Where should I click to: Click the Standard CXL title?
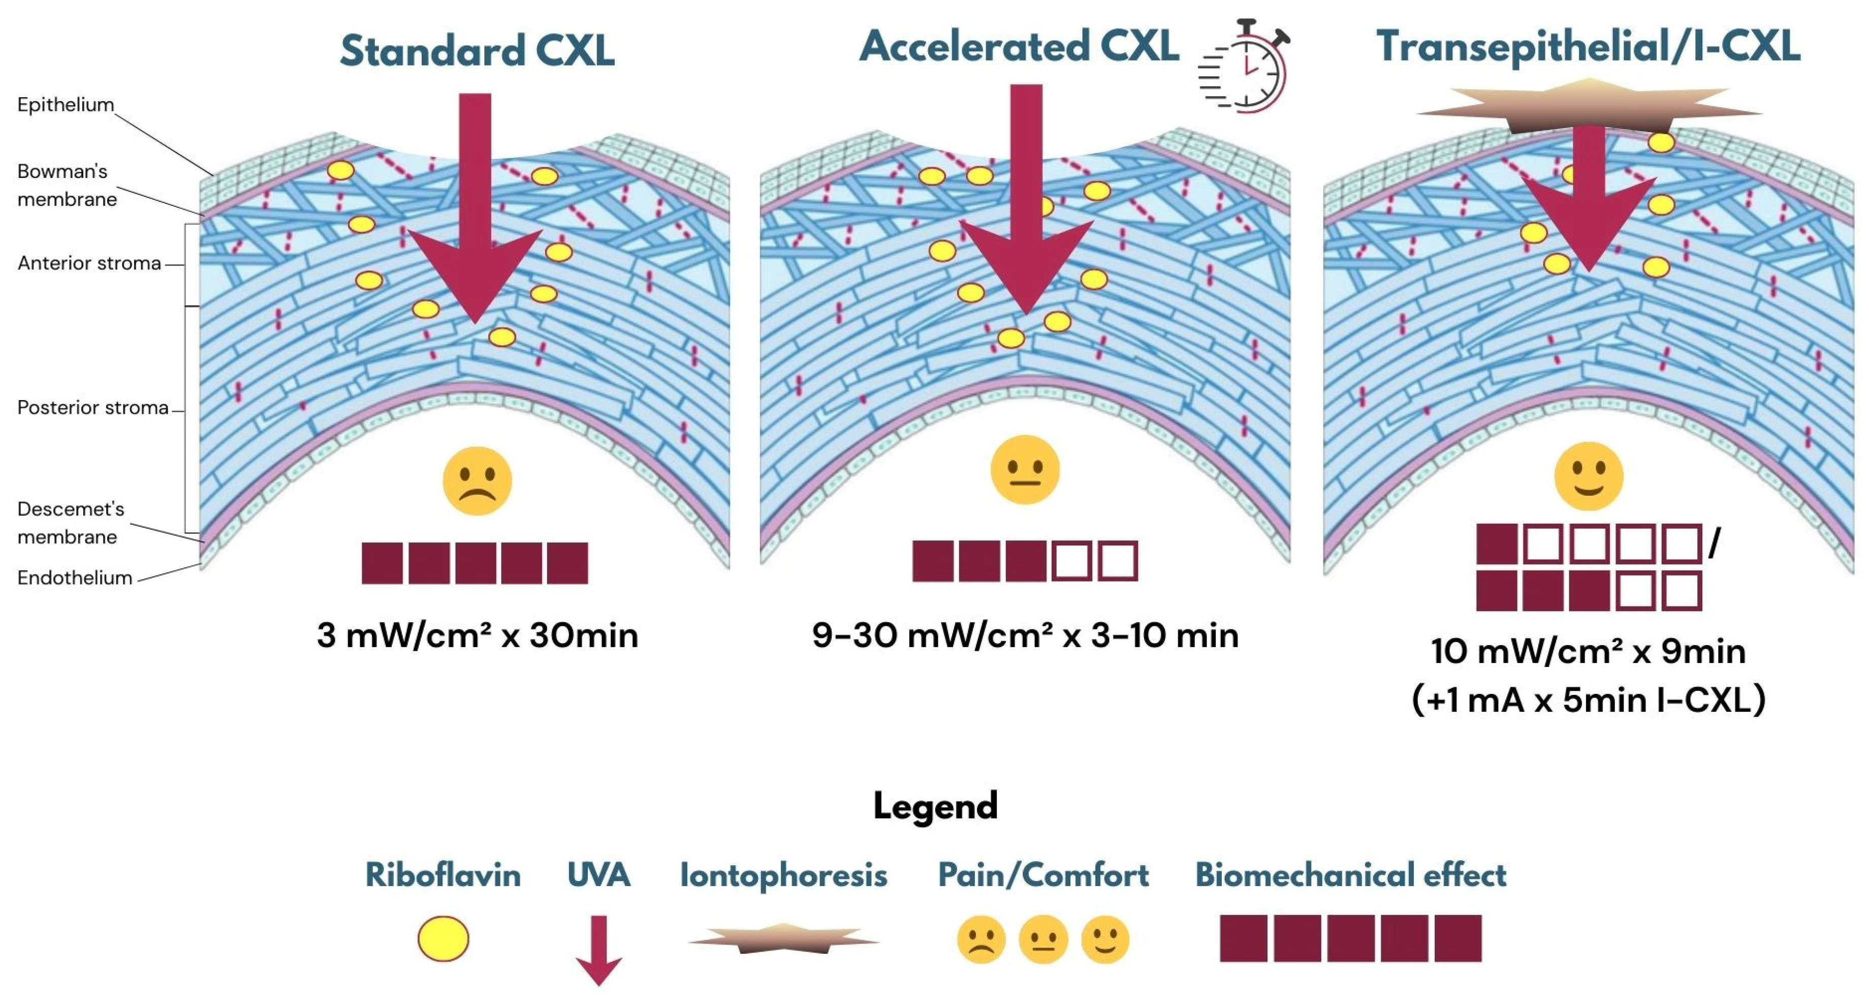tap(477, 51)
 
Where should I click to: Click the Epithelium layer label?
tap(66, 105)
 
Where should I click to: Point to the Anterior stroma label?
tap(88, 263)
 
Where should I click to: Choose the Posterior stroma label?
tap(92, 407)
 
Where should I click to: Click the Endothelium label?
tap(75, 578)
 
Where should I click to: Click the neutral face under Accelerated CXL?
tap(1025, 470)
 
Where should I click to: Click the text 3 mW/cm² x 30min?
tap(477, 635)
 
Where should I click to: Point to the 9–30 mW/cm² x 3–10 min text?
tap(1025, 635)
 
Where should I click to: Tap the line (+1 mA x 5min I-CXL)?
tap(1588, 700)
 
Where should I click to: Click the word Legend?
tap(935, 806)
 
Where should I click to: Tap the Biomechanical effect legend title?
tap(1350, 875)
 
